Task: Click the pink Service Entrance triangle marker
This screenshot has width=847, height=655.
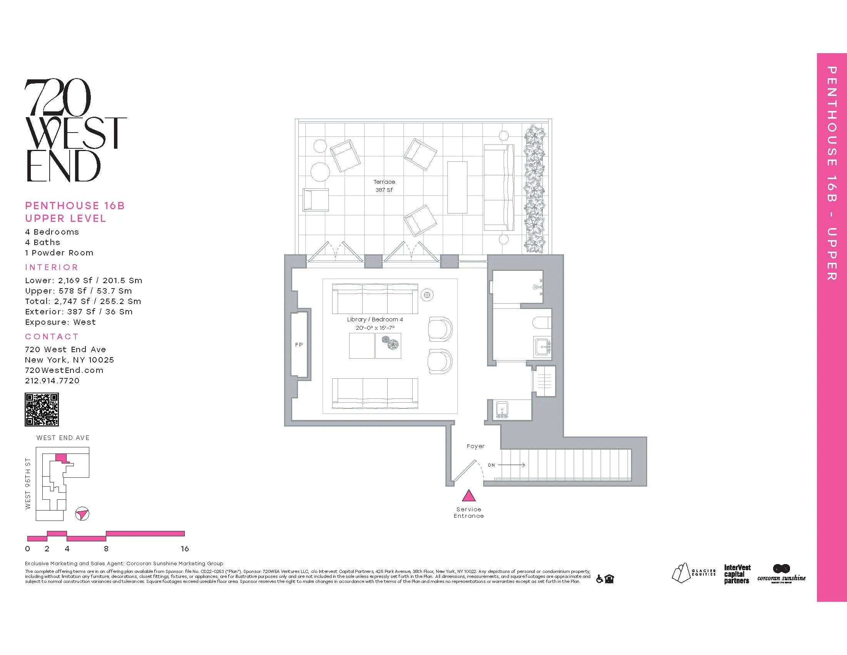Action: coord(469,496)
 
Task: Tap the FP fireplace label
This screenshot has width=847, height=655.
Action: coord(299,344)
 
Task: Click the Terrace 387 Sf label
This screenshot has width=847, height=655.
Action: coord(384,186)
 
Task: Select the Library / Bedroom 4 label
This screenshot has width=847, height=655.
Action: coord(375,319)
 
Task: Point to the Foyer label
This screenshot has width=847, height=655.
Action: coord(475,446)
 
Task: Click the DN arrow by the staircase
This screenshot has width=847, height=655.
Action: coord(511,465)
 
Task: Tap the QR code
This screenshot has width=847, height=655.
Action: coord(42,409)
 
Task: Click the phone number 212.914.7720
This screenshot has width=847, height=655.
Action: coord(52,381)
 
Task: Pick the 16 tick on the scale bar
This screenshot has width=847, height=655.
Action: coord(184,549)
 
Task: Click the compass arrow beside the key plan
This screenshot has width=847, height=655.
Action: coord(82,514)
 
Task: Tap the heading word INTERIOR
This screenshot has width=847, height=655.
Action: coord(52,267)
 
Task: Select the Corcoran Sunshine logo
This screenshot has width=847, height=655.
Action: coord(781,574)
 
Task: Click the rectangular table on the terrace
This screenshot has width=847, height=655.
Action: coord(457,187)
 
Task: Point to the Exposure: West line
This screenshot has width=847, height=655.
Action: coord(60,322)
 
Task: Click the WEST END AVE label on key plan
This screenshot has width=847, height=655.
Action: coord(63,438)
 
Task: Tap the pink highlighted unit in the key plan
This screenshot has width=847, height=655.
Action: coord(61,458)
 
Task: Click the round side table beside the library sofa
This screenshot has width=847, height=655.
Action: coord(427,295)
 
